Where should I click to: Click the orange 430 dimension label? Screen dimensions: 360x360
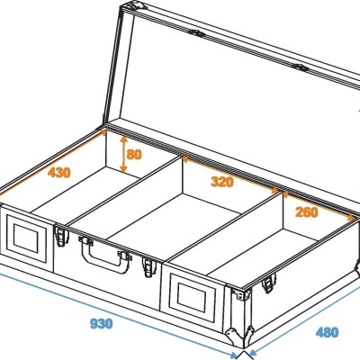[x=59, y=173]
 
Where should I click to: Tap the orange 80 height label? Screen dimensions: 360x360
[x=134, y=154]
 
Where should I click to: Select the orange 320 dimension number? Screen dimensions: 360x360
[x=222, y=182]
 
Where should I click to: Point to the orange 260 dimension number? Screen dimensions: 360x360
[x=306, y=212]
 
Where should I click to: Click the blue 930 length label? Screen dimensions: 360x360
[x=102, y=323]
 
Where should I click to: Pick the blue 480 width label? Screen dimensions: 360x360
[x=327, y=332]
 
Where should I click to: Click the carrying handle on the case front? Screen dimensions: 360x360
[x=105, y=255]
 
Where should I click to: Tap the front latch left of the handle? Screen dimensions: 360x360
[x=61, y=236]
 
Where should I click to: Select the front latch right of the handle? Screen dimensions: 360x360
[x=149, y=266]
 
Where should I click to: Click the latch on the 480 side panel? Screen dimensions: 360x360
[x=269, y=283]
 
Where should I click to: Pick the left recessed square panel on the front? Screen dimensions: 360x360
[x=26, y=238]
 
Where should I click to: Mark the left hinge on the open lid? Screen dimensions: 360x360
[x=197, y=33]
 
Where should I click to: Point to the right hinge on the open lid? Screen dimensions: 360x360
[x=300, y=67]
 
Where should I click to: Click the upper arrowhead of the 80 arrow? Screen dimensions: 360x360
[x=123, y=139]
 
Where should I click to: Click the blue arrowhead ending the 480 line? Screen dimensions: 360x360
[x=253, y=352]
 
